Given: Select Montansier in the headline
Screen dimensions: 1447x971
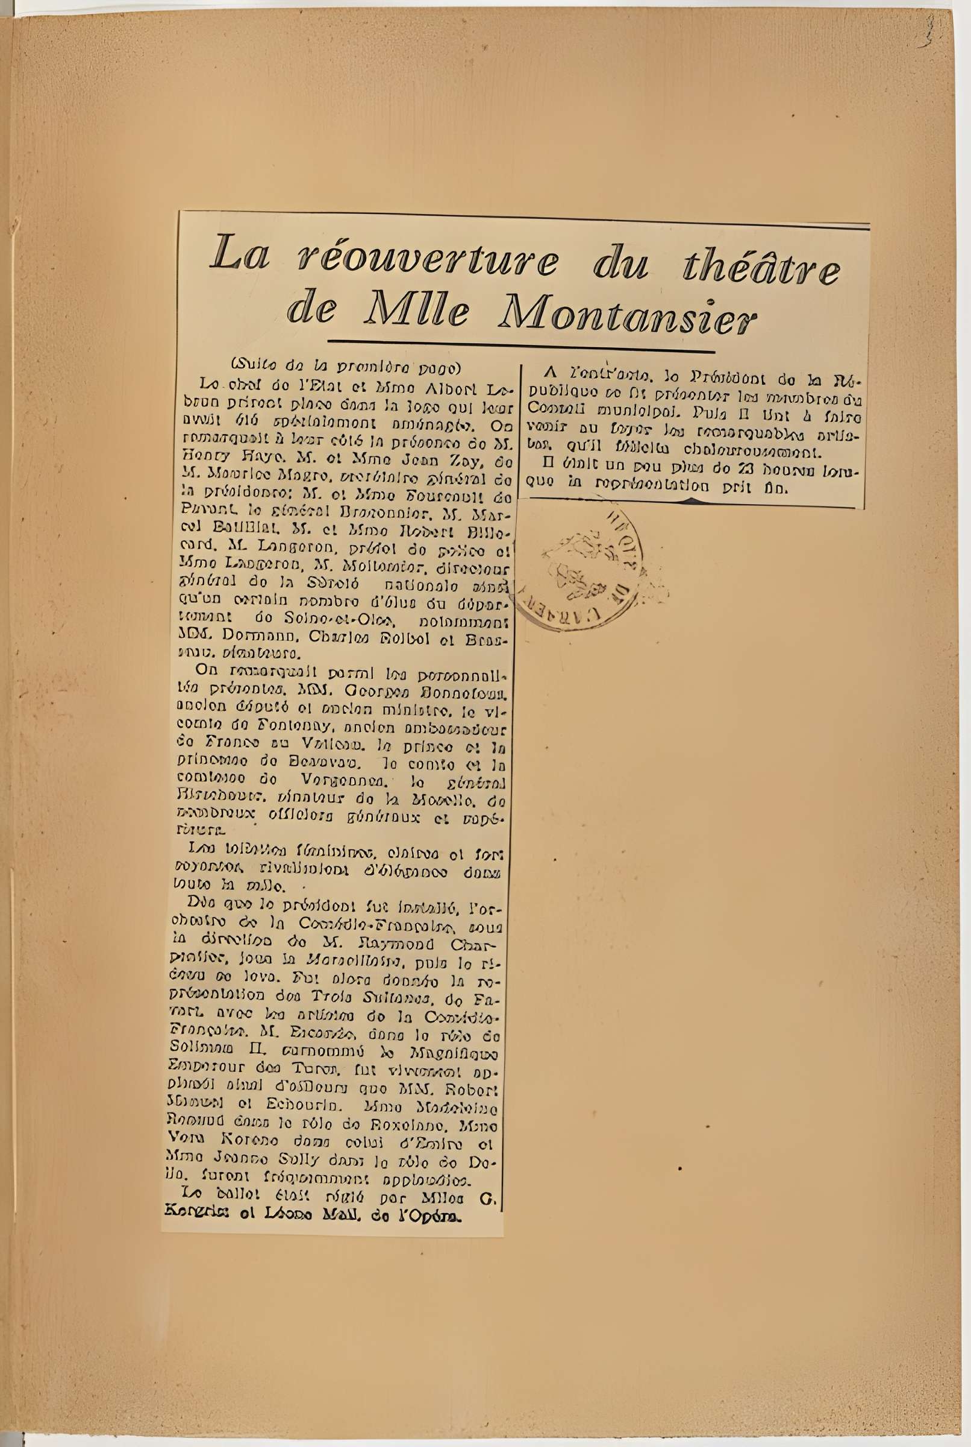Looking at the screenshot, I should click(626, 313).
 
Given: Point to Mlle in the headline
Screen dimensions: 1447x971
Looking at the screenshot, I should click(416, 311).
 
